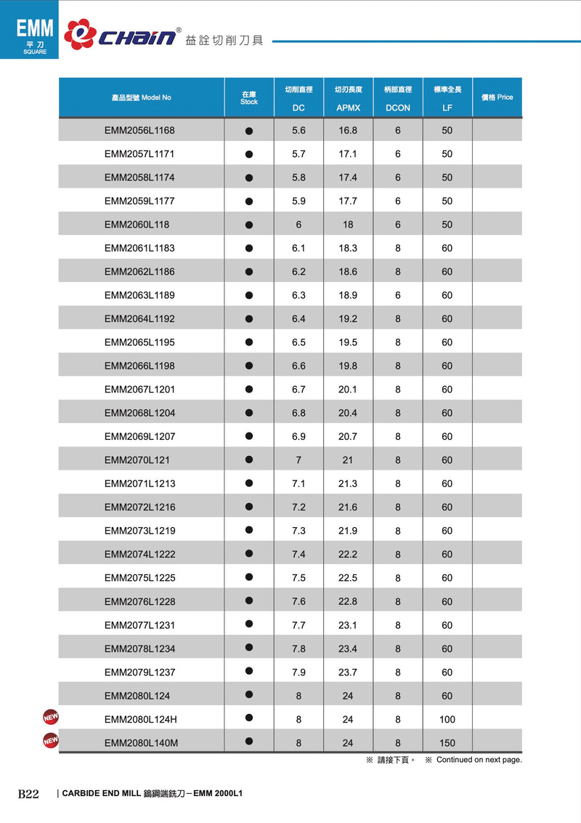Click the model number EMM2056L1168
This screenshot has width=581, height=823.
[x=139, y=131]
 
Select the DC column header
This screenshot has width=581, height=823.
[x=298, y=108]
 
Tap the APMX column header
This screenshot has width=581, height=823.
[x=348, y=108]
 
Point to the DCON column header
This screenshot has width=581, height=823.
[x=398, y=108]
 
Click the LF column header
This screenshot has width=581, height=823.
[x=447, y=108]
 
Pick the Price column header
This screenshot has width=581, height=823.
[x=497, y=97]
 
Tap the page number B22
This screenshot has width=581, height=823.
[x=28, y=794]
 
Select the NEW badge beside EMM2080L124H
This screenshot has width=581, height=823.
[x=51, y=718]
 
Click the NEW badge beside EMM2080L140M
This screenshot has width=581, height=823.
[x=51, y=740]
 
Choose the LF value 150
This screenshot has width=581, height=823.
[x=447, y=743]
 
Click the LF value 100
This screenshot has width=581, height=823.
[x=447, y=720]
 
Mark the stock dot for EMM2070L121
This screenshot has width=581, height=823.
[x=249, y=459]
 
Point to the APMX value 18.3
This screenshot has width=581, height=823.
[x=348, y=249]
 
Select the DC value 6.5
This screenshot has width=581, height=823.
[x=298, y=342]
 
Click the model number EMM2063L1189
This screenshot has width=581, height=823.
[x=139, y=295]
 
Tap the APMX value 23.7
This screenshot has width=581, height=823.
[x=348, y=673]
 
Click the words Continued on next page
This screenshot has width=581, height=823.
[x=479, y=760]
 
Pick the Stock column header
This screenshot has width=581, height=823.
[x=249, y=98]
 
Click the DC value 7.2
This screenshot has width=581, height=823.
[x=298, y=507]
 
